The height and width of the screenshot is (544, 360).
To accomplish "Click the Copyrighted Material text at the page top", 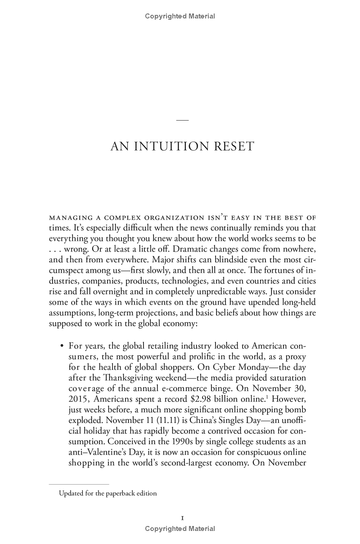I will [180, 17].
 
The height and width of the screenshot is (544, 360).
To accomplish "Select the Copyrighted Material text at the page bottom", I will [180, 529].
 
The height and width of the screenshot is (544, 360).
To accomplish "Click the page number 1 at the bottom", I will [180, 518].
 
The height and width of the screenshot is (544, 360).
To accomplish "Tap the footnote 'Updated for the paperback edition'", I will [108, 493].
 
